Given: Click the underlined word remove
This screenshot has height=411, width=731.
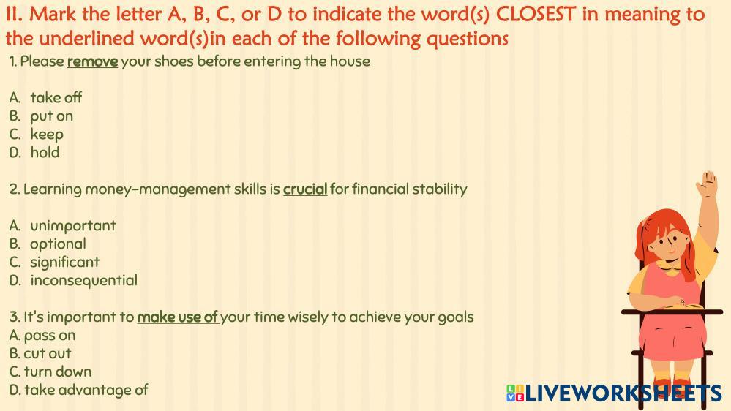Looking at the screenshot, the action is (92, 61).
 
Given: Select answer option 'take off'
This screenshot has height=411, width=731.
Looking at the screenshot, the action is (56, 97).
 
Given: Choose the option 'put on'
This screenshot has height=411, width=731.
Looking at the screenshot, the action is (52, 116).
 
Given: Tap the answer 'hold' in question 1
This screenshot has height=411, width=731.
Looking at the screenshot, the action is (45, 152).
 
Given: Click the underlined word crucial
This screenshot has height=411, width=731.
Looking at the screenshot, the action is (305, 189).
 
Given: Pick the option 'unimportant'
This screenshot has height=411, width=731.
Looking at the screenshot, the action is (72, 225).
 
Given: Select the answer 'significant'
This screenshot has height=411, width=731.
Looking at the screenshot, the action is (65, 262).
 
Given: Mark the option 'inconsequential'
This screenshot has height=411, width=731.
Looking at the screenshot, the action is (84, 281).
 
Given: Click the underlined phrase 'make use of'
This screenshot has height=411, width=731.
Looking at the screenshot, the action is (177, 317).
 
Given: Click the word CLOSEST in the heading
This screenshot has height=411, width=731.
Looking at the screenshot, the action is (536, 15).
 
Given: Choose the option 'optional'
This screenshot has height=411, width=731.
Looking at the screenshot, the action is (58, 244).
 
